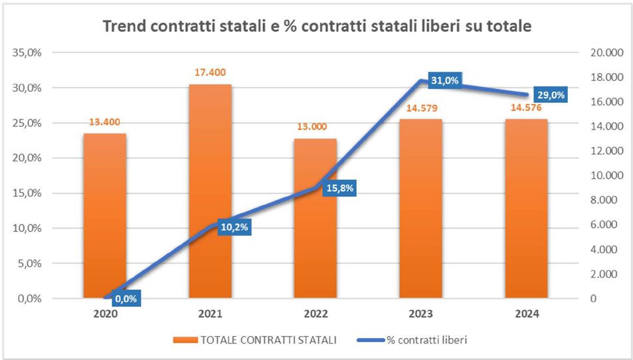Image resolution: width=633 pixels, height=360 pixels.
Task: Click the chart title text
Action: (x=317, y=27)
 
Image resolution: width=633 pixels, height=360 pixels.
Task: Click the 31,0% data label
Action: (x=444, y=80)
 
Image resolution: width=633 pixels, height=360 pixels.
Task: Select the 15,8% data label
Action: (x=340, y=188)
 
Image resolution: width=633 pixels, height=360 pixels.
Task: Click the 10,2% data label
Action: (x=234, y=227)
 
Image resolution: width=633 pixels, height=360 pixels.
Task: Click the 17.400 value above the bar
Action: (x=210, y=72)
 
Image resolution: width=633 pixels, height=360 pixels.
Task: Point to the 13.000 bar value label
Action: (x=316, y=128)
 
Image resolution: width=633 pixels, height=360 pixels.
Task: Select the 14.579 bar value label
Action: (x=420, y=108)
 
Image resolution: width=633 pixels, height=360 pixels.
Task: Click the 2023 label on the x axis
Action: (x=420, y=314)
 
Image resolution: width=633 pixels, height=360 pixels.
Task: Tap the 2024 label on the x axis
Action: (x=526, y=314)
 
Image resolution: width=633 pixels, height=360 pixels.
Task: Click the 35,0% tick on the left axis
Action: (x=28, y=53)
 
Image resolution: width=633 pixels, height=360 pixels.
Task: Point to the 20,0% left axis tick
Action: (x=28, y=158)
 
